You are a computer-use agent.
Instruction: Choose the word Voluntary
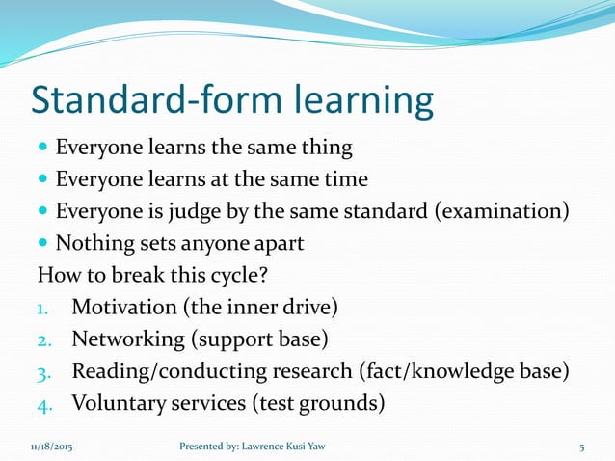[116, 402]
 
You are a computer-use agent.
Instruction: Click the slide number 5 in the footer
[582, 447]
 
